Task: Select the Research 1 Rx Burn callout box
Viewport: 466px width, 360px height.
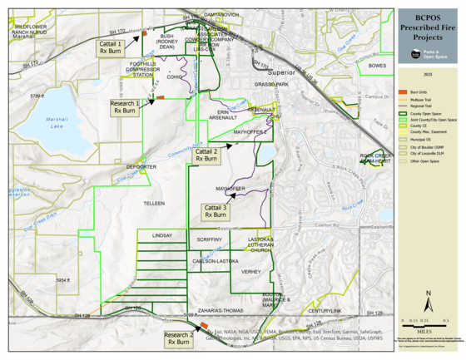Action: tap(126, 106)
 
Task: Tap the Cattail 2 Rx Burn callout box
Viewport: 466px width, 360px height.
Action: tap(207, 155)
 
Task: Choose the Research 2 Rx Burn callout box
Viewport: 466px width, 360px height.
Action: tap(179, 338)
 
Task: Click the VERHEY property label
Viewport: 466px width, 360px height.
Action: tap(250, 272)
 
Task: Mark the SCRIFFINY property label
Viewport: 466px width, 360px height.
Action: tap(209, 239)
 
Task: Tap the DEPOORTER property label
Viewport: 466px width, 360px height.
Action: tap(141, 167)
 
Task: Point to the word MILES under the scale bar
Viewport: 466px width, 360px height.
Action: tap(428, 326)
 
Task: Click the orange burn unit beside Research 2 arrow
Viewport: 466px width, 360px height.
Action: tap(203, 325)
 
